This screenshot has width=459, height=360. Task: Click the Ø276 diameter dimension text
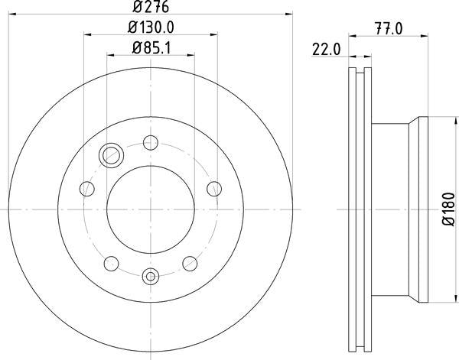(x=151, y=7)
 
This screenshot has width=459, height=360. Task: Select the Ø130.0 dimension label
(x=151, y=28)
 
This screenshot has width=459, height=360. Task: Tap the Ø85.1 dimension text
(x=151, y=48)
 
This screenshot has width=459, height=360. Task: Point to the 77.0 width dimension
(x=389, y=28)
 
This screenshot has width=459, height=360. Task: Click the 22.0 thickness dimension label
(x=327, y=49)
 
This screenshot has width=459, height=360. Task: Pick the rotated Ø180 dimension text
(x=448, y=209)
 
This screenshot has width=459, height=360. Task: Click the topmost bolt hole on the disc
(x=151, y=143)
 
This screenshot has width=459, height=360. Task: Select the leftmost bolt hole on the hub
(x=87, y=189)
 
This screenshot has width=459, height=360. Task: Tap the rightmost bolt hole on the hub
(x=214, y=189)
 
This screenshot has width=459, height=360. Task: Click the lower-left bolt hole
(x=112, y=264)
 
